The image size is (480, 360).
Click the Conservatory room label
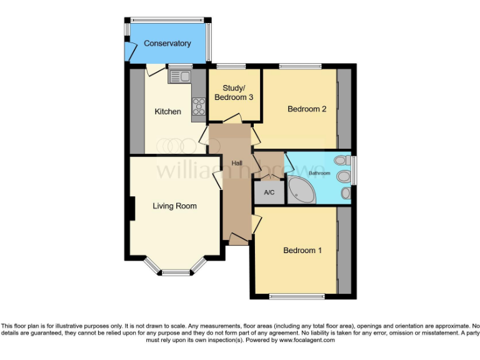[x=167, y=43]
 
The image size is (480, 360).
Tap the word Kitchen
[x=168, y=112]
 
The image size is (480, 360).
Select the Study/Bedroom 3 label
[x=234, y=92]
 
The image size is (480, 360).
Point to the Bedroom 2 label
[x=307, y=109]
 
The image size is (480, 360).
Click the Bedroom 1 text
[x=302, y=251]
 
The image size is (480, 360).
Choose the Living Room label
[x=175, y=206]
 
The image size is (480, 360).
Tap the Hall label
[x=237, y=164]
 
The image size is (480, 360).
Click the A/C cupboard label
[x=269, y=192]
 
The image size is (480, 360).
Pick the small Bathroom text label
[x=319, y=172]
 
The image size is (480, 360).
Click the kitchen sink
[x=181, y=76]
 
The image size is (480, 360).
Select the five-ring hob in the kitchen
[x=198, y=107]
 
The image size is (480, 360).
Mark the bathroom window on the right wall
[x=353, y=171]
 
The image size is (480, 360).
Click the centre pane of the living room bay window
[x=175, y=272]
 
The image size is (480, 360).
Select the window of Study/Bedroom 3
[x=231, y=66]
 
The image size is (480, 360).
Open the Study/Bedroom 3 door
[x=232, y=118]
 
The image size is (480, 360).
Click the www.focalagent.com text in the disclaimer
[x=307, y=341]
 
